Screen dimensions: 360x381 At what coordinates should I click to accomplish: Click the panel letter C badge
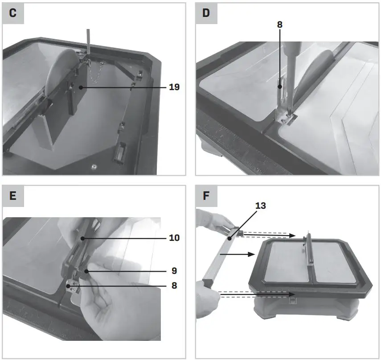(12, 12)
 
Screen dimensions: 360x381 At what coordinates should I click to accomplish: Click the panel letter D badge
(206, 12)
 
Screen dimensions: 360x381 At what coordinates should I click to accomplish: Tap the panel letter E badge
(12, 195)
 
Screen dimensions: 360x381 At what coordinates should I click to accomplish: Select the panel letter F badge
(206, 195)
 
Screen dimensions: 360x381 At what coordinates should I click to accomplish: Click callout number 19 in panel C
(174, 87)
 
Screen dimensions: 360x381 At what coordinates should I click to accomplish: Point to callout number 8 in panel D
(279, 25)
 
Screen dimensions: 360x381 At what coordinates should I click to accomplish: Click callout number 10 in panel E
(174, 238)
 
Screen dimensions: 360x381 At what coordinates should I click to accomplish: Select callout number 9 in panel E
(174, 270)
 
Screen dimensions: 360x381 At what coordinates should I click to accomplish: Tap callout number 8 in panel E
(174, 285)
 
